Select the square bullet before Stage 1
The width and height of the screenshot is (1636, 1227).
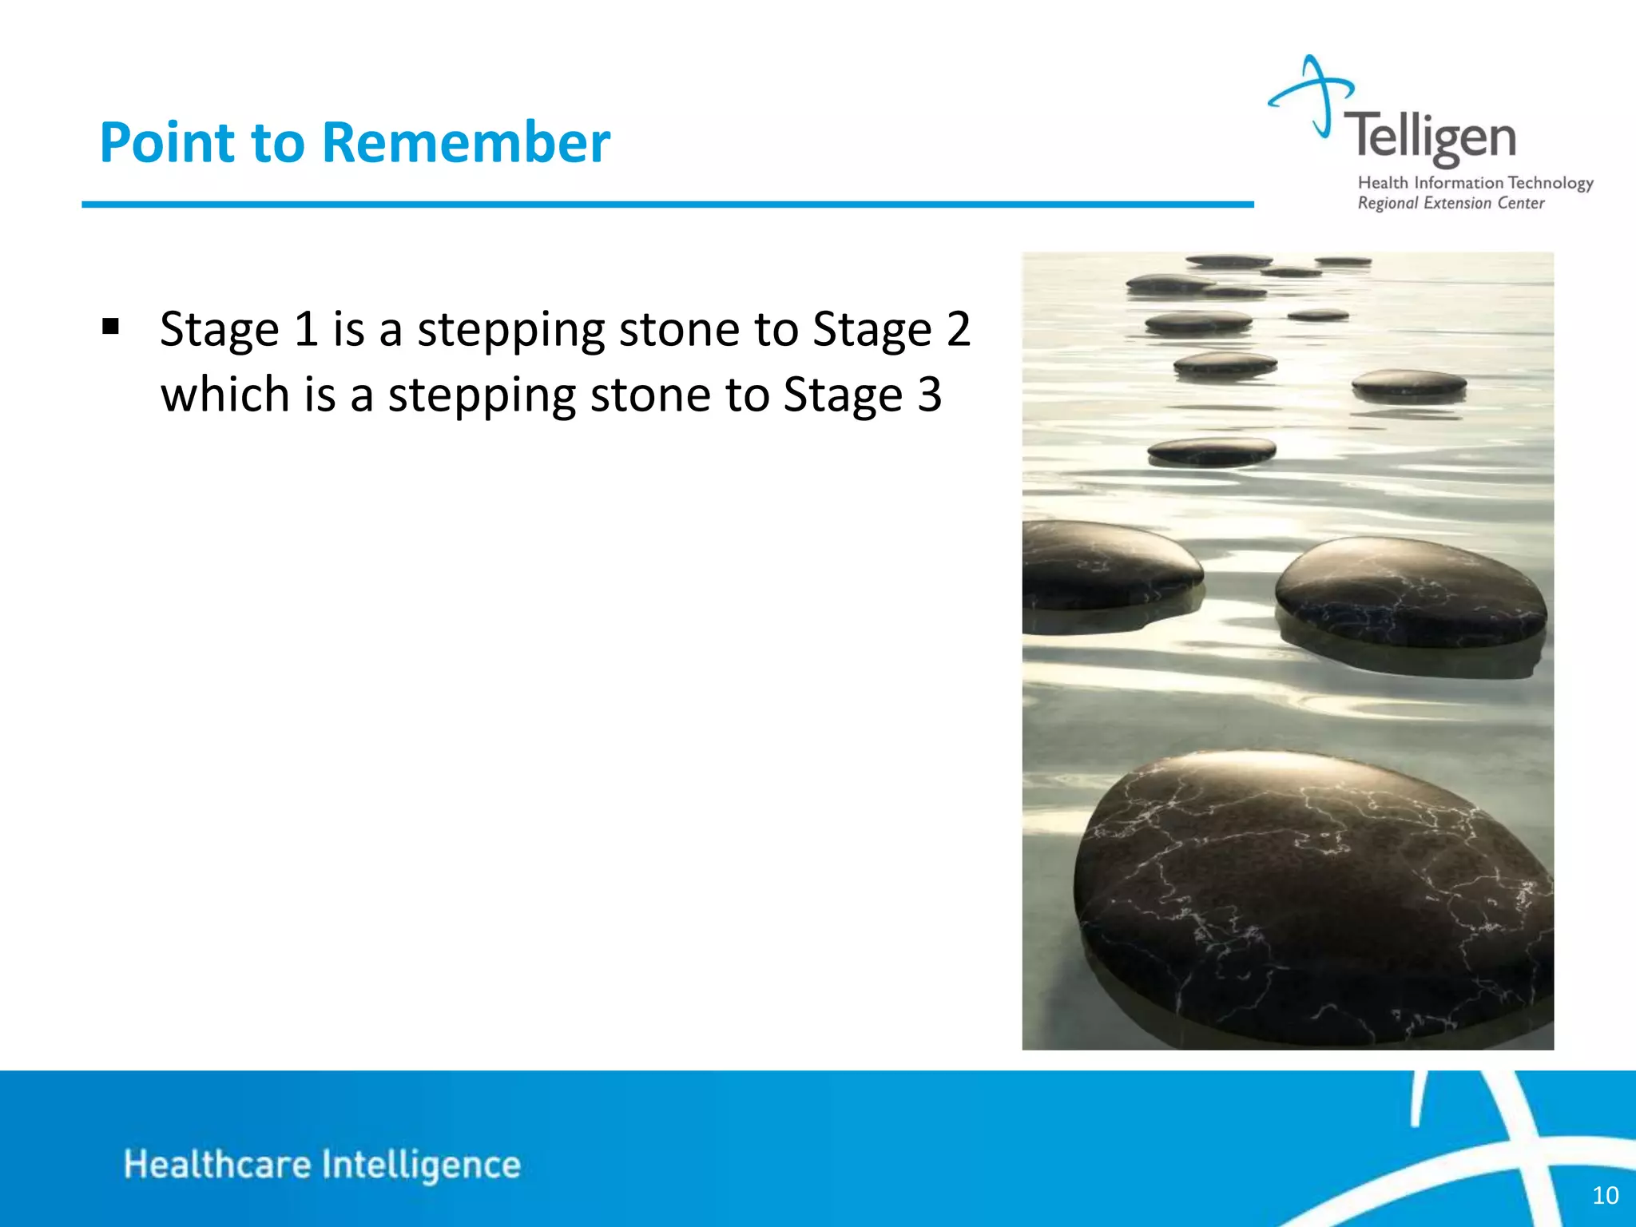pyautogui.click(x=111, y=327)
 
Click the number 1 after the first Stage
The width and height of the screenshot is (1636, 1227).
pyautogui.click(x=306, y=329)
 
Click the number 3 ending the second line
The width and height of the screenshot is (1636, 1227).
pyautogui.click(x=929, y=395)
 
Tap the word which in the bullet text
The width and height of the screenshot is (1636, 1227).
pyautogui.click(x=224, y=395)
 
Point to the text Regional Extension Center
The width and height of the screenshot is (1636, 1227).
pyautogui.click(x=1451, y=204)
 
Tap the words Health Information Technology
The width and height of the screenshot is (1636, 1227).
pyautogui.click(x=1475, y=183)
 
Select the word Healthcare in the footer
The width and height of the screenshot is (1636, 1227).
pyautogui.click(x=216, y=1164)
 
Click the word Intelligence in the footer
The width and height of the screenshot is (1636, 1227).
pyautogui.click(x=421, y=1164)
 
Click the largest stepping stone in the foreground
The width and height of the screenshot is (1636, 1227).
pyautogui.click(x=1310, y=895)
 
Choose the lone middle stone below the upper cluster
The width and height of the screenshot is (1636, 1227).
pyautogui.click(x=1211, y=451)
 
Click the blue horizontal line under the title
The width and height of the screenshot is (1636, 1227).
pyautogui.click(x=667, y=204)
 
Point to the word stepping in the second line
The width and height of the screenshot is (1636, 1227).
pyautogui.click(x=481, y=395)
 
